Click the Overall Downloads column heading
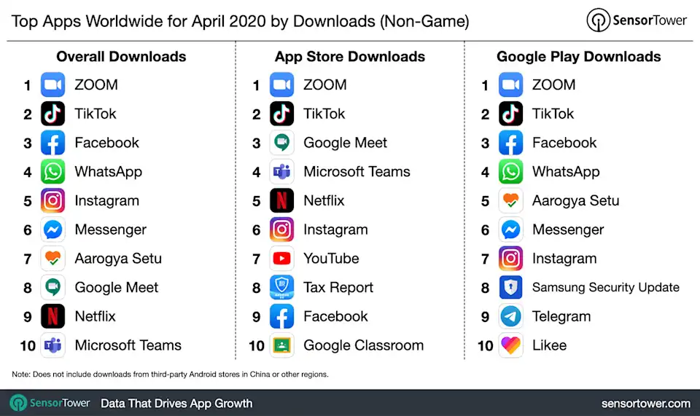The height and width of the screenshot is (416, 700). [121, 57]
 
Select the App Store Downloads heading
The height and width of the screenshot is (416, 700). [350, 57]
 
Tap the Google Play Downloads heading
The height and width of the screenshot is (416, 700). [578, 57]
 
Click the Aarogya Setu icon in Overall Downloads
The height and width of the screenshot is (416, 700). [52, 259]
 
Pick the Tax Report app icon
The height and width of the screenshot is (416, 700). [281, 288]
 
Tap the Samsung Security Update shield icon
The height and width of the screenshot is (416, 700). [510, 288]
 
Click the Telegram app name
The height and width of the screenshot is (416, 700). [561, 317]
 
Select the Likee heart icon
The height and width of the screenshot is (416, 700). [510, 345]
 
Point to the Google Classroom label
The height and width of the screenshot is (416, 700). [363, 345]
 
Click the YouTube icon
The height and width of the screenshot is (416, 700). [281, 259]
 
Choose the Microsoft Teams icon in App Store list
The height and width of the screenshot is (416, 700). [281, 172]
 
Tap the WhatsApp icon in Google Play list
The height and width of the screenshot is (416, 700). [510, 172]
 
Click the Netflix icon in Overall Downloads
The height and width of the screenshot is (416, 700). [52, 317]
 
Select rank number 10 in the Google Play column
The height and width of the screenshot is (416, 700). [486, 346]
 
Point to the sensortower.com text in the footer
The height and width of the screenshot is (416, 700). [645, 403]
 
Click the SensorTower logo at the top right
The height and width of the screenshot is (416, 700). [637, 20]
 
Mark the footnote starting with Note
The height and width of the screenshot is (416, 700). [170, 374]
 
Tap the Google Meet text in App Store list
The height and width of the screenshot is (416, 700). [345, 143]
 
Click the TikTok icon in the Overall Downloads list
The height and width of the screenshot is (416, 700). [52, 114]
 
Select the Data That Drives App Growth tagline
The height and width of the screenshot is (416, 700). [176, 403]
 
